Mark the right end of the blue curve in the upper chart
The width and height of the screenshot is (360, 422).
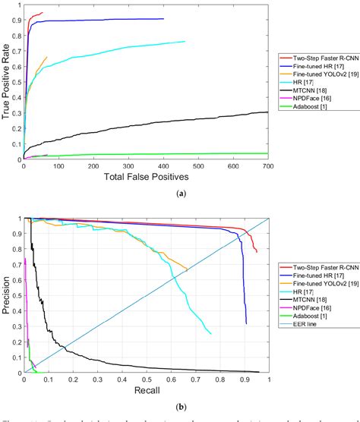coord(163,19)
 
